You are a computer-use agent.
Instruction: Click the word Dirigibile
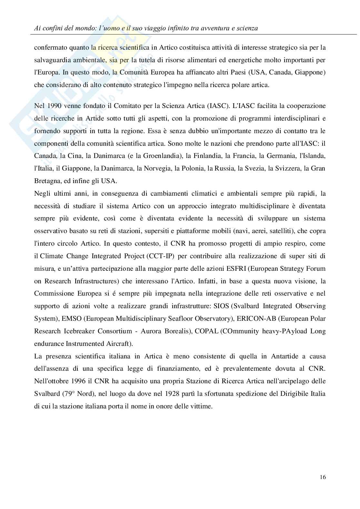[292, 394]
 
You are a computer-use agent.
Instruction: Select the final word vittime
[202, 406]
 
